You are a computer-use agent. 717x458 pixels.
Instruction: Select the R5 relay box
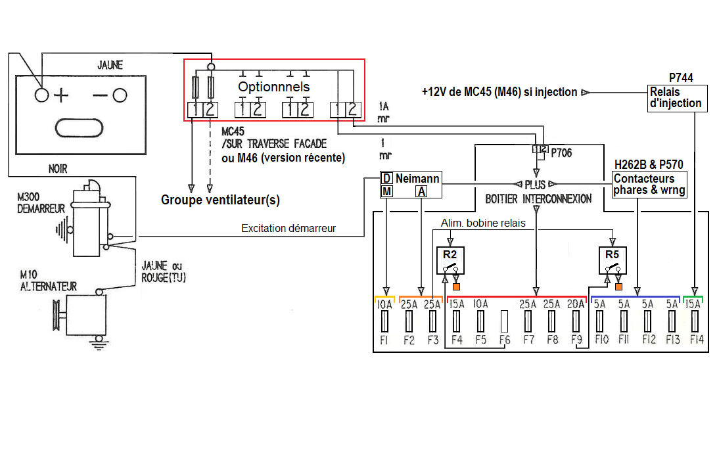(x=612, y=260)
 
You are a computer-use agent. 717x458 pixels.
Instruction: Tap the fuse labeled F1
(x=385, y=321)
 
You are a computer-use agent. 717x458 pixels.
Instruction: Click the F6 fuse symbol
(x=505, y=321)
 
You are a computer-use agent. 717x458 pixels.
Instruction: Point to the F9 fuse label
(x=576, y=340)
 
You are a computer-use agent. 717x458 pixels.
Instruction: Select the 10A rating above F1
(x=384, y=304)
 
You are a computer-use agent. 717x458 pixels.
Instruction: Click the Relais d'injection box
(x=676, y=97)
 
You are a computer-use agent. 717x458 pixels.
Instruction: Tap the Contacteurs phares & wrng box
(x=649, y=185)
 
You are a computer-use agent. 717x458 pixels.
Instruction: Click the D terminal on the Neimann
(x=387, y=179)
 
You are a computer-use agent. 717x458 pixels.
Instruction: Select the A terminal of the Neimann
(x=421, y=191)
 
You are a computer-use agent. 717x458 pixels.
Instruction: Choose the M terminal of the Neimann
(x=387, y=191)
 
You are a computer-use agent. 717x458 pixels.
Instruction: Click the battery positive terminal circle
(x=42, y=96)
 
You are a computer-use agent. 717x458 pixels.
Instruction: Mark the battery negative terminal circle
(x=119, y=96)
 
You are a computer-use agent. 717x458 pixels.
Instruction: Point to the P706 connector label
(x=562, y=152)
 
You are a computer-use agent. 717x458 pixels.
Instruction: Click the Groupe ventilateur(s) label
(x=221, y=200)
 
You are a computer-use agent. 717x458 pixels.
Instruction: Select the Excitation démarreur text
(x=289, y=229)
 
